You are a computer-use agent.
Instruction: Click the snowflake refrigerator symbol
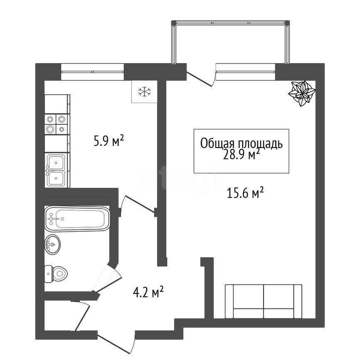pyautogui.click(x=144, y=91)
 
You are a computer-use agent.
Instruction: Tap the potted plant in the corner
pyautogui.click(x=302, y=93)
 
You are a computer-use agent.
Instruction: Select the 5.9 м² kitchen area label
pyautogui.click(x=109, y=141)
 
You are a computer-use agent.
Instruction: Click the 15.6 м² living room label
pyautogui.click(x=245, y=193)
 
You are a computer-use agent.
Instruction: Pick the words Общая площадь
pyautogui.click(x=241, y=143)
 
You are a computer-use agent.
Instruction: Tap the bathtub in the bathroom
pyautogui.click(x=77, y=219)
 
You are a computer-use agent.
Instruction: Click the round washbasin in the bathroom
pyautogui.click(x=52, y=244)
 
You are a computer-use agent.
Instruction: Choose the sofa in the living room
pyautogui.click(x=263, y=301)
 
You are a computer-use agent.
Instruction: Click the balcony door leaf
pyautogui.click(x=199, y=79)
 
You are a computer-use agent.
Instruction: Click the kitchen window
pyautogui.click(x=93, y=72)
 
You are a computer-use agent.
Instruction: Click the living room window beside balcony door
pyautogui.click(x=245, y=72)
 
